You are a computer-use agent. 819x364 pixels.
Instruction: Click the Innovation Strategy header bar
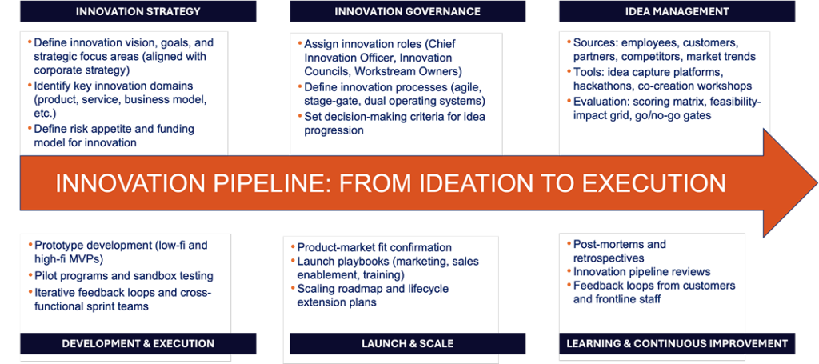(x=138, y=11)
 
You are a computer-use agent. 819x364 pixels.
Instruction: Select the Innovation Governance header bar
(x=407, y=11)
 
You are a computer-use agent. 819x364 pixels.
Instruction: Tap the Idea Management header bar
(x=677, y=11)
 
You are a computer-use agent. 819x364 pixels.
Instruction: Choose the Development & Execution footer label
(x=138, y=344)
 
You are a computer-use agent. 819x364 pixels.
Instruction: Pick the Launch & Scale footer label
(x=407, y=344)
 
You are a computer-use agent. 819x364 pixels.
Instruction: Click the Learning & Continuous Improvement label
(x=677, y=344)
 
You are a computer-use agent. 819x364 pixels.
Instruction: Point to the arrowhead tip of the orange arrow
(x=817, y=183)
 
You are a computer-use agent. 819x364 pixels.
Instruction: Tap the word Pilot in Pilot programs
(x=43, y=276)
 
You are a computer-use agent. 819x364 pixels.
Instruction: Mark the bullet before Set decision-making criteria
(x=300, y=115)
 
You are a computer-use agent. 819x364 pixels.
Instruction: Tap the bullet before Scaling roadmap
(x=293, y=288)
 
